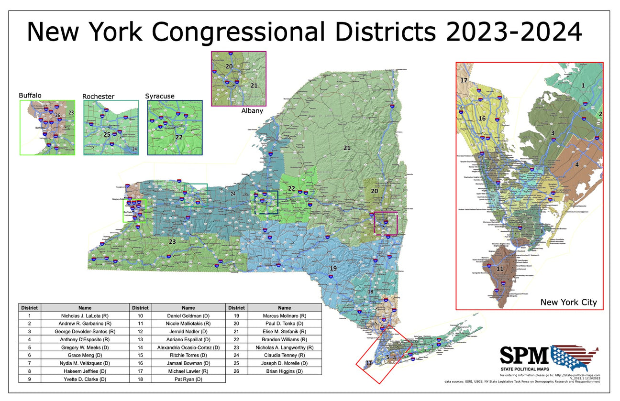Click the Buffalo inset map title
pos(30,95)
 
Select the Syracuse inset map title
pos(160,96)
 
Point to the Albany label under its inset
pos(253,111)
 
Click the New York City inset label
pos(568,302)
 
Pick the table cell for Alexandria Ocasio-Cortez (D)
pos(188,347)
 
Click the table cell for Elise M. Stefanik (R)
pos(284,331)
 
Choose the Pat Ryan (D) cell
pos(188,379)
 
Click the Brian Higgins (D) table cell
pos(284,371)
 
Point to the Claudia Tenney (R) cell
pos(284,355)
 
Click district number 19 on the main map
pos(333,269)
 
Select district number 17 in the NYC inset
pos(464,80)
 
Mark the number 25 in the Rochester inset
pos(107,135)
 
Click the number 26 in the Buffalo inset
pos(58,115)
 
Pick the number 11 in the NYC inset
pos(499,269)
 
